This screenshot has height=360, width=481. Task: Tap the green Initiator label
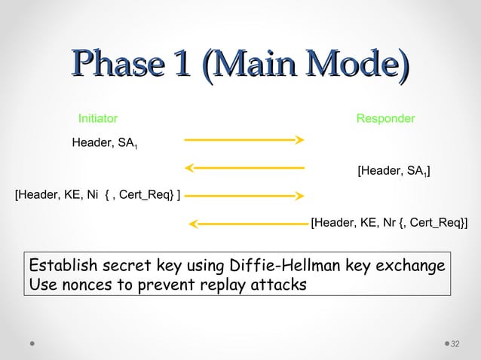click(98, 119)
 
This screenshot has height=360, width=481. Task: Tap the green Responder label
click(385, 119)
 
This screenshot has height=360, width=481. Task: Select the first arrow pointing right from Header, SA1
click(244, 139)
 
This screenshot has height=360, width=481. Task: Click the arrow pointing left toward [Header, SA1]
click(244, 167)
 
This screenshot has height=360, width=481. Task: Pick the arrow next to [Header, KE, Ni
click(244, 195)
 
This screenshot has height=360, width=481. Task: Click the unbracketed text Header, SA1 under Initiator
click(104, 144)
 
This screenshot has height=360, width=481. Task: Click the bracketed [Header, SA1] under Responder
click(394, 172)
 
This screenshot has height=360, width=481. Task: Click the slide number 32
click(455, 344)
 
